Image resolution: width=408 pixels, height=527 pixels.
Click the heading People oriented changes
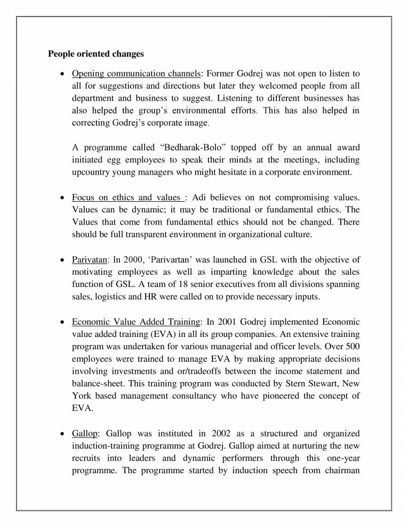(95, 54)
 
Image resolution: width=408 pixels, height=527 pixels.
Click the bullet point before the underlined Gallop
(64, 433)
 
